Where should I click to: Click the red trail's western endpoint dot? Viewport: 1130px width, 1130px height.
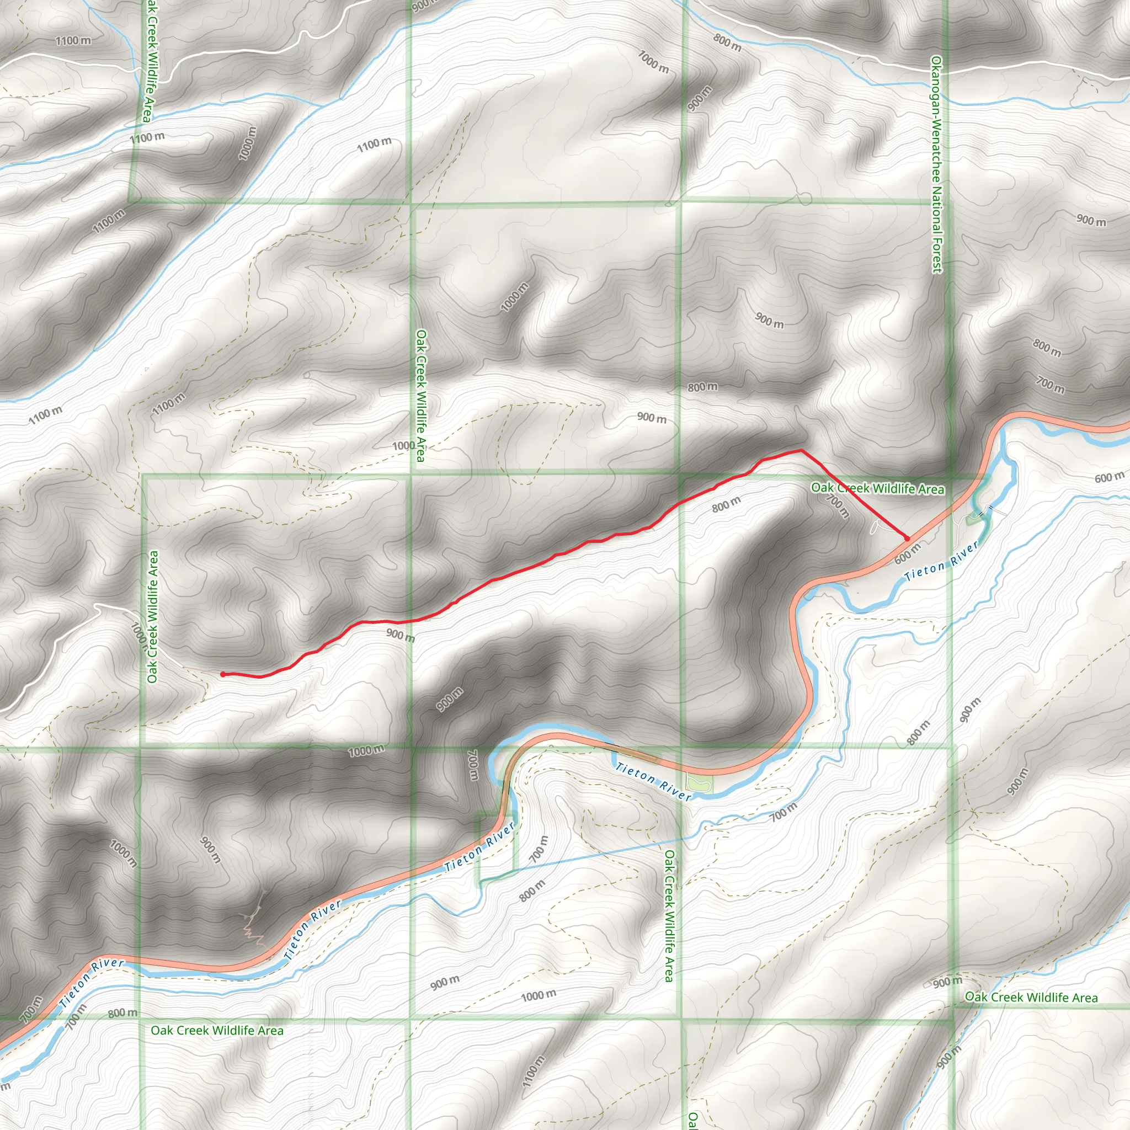pyautogui.click(x=223, y=674)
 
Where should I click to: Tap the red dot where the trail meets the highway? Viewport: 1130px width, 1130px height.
pyautogui.click(x=907, y=537)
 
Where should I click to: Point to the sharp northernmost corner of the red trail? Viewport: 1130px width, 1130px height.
pyautogui.click(x=801, y=450)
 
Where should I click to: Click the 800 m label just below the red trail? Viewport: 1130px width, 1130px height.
pyautogui.click(x=727, y=504)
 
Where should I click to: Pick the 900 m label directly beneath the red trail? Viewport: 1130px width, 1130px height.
pyautogui.click(x=400, y=635)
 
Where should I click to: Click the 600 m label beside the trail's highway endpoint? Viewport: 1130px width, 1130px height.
pyautogui.click(x=908, y=553)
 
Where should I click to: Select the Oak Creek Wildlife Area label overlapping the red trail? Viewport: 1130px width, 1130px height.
pyautogui.click(x=877, y=488)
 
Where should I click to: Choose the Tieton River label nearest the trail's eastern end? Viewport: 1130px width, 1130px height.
pyautogui.click(x=942, y=561)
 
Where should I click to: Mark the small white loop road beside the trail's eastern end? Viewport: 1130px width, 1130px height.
pyautogui.click(x=875, y=527)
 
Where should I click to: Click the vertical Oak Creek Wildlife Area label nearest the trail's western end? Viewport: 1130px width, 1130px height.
pyautogui.click(x=153, y=617)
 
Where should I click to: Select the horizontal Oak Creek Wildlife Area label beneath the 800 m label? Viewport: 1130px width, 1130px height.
pyautogui.click(x=217, y=1030)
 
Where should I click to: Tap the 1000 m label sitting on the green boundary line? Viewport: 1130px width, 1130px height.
pyautogui.click(x=367, y=750)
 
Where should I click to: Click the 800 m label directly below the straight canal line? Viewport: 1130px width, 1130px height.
pyautogui.click(x=532, y=891)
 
